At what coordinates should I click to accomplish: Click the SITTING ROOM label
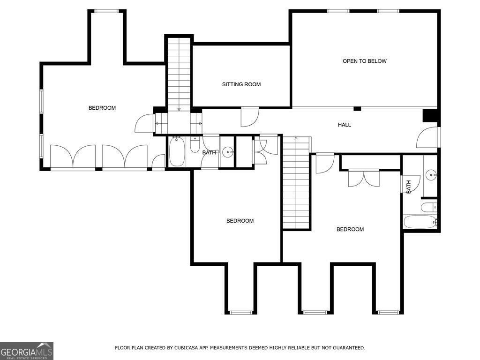[241, 84]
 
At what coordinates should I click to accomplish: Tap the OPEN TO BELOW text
[364, 61]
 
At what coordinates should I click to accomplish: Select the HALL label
[344, 125]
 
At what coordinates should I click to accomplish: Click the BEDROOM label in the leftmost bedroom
[102, 108]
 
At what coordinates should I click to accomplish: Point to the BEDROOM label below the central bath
[240, 221]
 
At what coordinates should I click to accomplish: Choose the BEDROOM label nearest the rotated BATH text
[350, 229]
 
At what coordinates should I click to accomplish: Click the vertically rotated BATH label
[408, 187]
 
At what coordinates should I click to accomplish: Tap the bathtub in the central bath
[177, 152]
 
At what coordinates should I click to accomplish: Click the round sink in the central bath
[227, 151]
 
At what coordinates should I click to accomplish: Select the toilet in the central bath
[195, 145]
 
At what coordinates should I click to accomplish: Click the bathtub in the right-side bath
[420, 222]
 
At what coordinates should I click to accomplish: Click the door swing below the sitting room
[249, 117]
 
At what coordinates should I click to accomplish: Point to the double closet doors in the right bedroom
[363, 178]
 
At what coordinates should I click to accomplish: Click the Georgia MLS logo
[27, 351]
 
